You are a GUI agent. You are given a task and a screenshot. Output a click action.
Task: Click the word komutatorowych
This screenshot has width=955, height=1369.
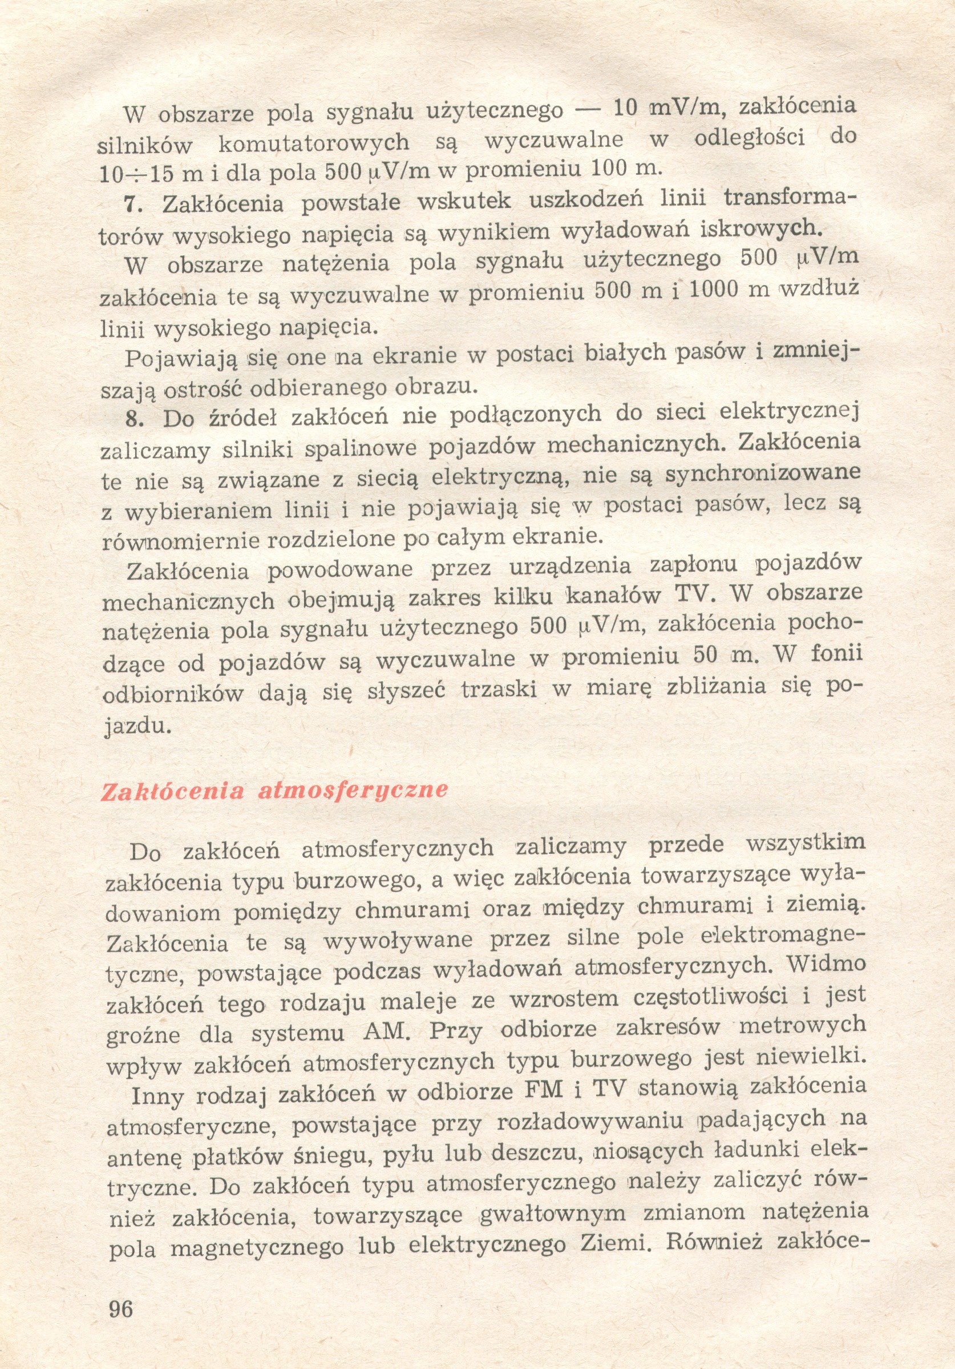coord(314,143)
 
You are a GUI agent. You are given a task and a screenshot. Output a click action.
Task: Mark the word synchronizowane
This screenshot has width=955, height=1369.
coord(763,474)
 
